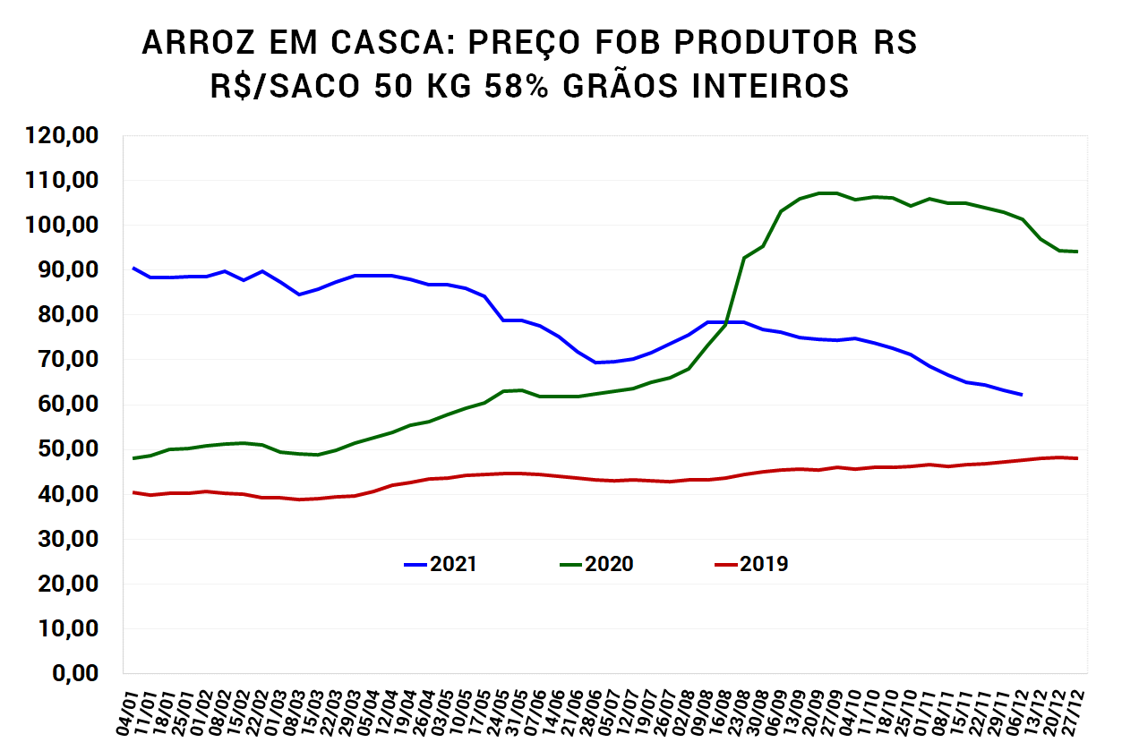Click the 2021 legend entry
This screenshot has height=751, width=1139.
441,564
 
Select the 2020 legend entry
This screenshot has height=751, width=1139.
596,564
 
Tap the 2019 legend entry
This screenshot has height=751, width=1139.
751,564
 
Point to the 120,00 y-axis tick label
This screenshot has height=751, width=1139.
63,136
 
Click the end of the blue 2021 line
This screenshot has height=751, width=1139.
1022,395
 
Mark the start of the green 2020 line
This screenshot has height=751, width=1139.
133,458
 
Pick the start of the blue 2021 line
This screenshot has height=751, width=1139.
133,268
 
